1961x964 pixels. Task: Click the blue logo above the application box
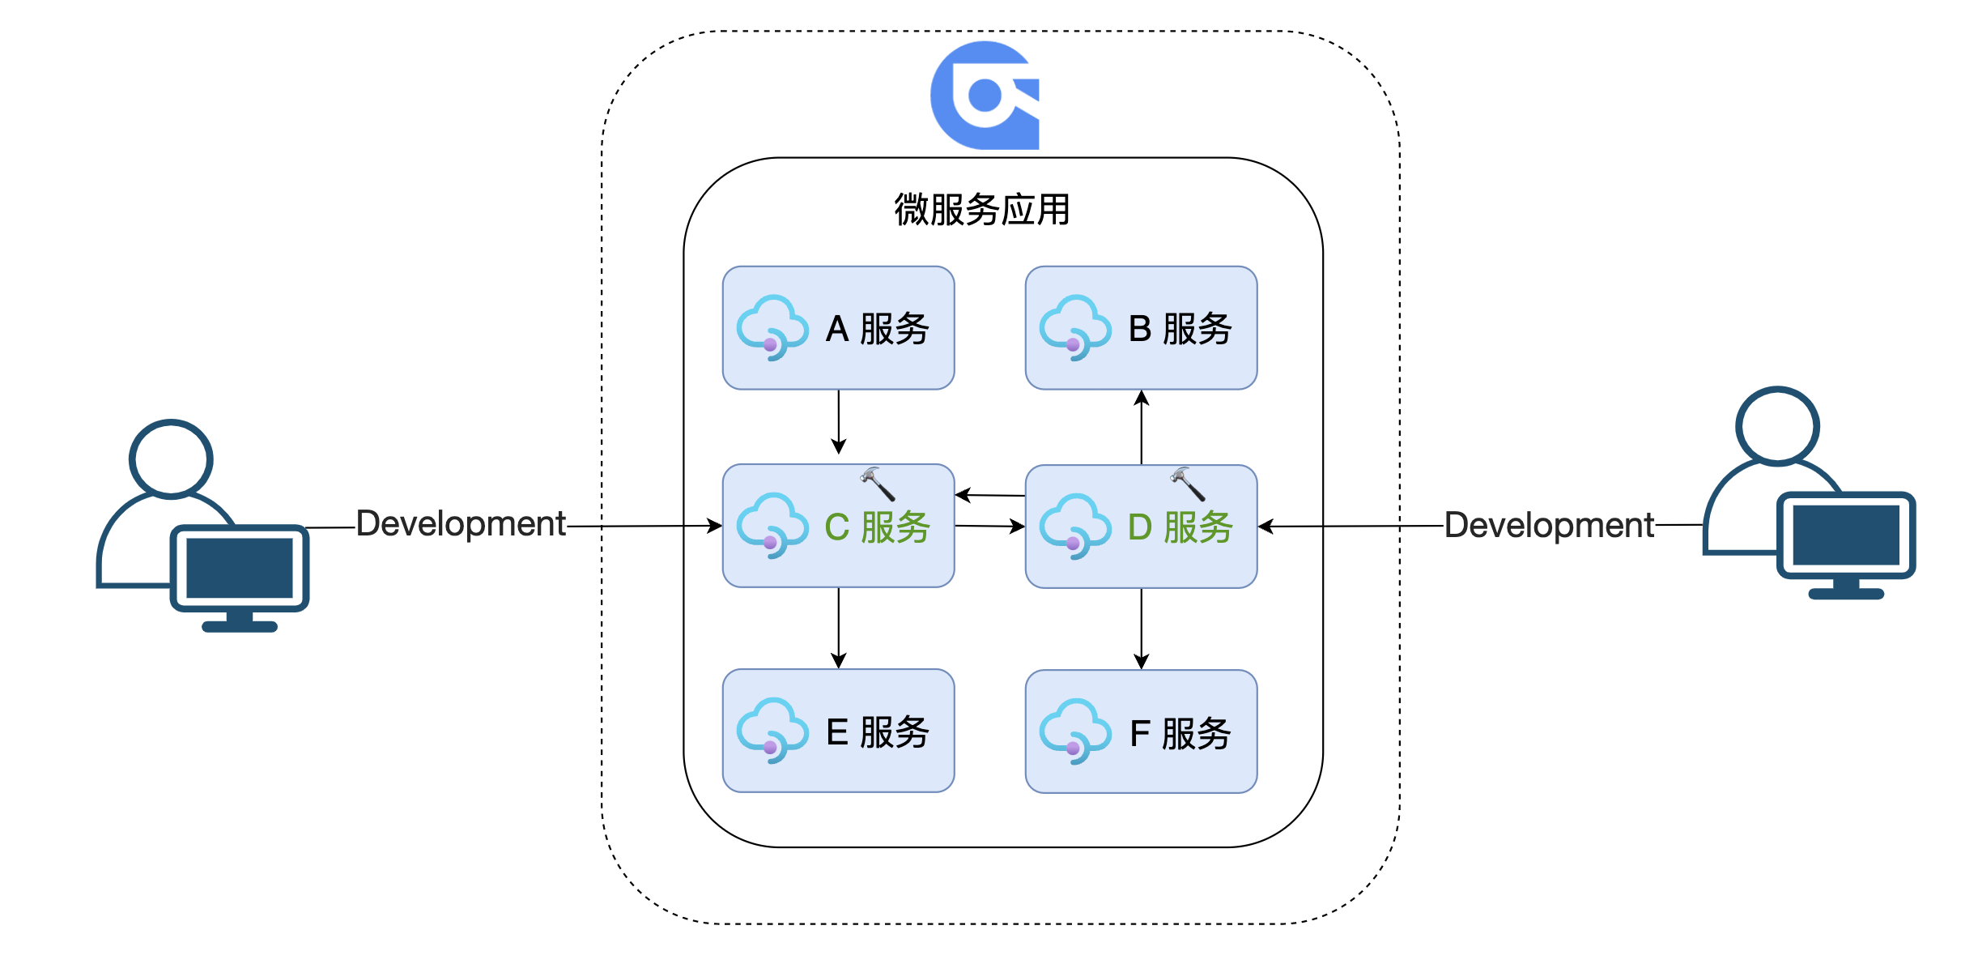click(x=985, y=96)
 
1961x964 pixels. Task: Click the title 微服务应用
click(x=982, y=210)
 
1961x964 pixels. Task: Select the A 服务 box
click(x=838, y=328)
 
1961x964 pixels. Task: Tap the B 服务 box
click(x=1141, y=328)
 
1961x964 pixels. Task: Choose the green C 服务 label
click(x=877, y=527)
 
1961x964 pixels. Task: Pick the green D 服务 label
click(x=1180, y=527)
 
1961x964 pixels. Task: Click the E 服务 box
click(x=838, y=731)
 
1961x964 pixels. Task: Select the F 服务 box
click(x=1141, y=732)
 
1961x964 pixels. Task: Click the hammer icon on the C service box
click(x=878, y=484)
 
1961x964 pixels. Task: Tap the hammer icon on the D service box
click(x=1188, y=484)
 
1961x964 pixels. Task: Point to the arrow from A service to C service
click(x=839, y=422)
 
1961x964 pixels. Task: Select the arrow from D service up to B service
click(x=1142, y=427)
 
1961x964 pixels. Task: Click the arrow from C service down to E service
click(x=839, y=628)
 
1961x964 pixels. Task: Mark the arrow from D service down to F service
click(x=1142, y=629)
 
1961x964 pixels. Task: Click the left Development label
click(x=461, y=524)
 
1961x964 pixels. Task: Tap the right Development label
click(x=1549, y=526)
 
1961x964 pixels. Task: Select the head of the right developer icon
click(x=1778, y=426)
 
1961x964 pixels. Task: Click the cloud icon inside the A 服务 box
click(x=772, y=327)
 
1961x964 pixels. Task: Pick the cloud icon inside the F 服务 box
click(x=1075, y=731)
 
